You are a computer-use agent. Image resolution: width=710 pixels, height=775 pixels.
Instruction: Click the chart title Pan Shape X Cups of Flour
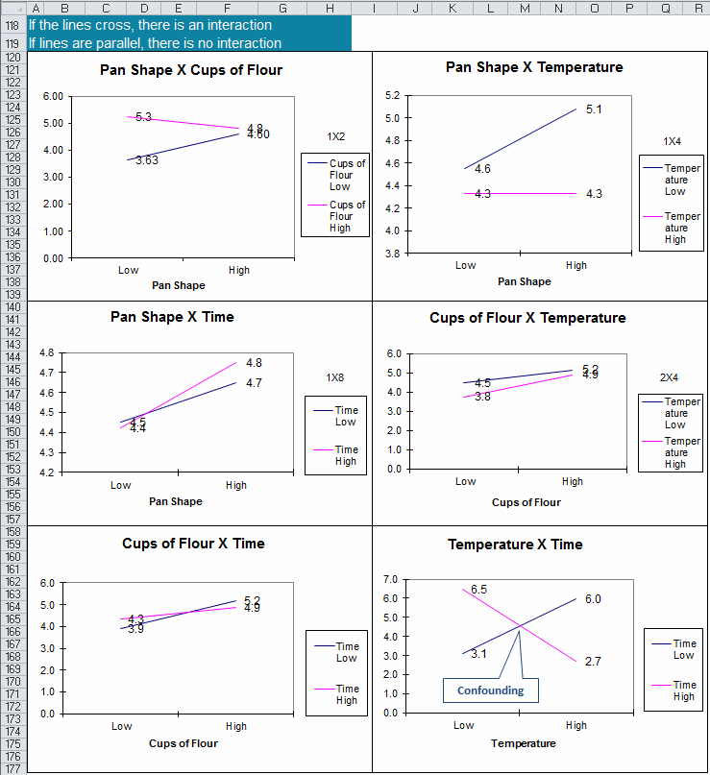191,70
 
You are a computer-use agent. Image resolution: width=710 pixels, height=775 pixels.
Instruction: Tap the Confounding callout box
490,690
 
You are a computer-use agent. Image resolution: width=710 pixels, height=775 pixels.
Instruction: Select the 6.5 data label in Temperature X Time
478,590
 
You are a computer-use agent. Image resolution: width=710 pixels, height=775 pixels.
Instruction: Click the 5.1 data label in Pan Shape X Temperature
593,109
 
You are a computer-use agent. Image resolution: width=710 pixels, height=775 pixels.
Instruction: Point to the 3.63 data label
147,160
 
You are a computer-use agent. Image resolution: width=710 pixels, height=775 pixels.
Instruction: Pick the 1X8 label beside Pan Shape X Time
334,377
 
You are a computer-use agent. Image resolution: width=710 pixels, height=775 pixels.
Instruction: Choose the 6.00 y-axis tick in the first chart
53,97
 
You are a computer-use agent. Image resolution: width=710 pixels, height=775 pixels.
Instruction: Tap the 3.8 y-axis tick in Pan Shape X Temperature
392,254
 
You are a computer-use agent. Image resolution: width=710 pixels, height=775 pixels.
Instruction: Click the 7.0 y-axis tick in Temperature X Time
389,580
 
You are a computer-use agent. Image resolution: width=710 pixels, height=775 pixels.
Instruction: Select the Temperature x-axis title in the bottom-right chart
523,743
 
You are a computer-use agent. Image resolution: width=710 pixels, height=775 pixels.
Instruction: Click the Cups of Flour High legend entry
347,216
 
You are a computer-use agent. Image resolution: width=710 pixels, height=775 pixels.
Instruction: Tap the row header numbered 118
12,26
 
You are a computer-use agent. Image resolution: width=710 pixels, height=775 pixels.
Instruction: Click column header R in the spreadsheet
698,8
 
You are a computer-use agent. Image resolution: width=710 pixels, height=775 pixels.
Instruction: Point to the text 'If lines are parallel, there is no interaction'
155,43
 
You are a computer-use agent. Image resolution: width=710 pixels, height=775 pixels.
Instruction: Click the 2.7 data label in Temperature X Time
592,662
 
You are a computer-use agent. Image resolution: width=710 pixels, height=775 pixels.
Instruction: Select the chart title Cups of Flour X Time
193,544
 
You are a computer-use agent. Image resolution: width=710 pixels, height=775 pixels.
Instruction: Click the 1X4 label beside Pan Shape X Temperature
672,141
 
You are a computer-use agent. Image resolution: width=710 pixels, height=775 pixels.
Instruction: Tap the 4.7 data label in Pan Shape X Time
254,383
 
